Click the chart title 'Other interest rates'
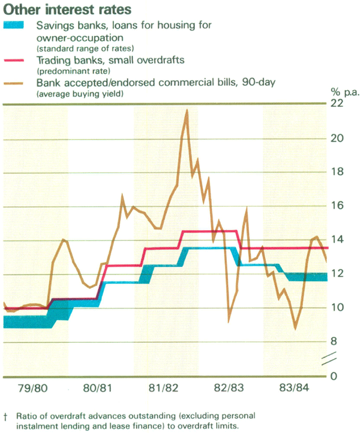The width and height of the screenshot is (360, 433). (x=68, y=10)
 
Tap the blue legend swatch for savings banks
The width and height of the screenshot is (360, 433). (x=15, y=26)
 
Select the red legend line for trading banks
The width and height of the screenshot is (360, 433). (x=15, y=60)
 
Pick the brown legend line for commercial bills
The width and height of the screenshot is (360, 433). (x=15, y=82)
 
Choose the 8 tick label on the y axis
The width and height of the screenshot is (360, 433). (x=337, y=342)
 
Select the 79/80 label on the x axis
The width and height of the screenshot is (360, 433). (x=34, y=388)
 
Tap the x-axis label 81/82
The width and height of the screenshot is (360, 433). (x=164, y=388)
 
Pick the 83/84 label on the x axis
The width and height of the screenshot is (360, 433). (x=294, y=388)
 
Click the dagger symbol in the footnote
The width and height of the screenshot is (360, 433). (x=5, y=415)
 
